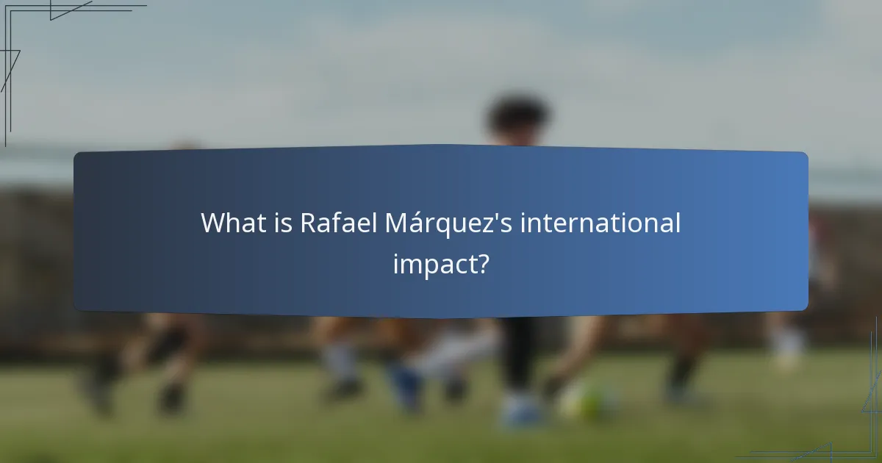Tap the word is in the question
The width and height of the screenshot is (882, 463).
(x=282, y=223)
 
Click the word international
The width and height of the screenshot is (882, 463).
(x=600, y=223)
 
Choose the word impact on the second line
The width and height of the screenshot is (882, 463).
(x=432, y=263)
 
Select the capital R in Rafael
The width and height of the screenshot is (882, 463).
(x=308, y=223)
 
